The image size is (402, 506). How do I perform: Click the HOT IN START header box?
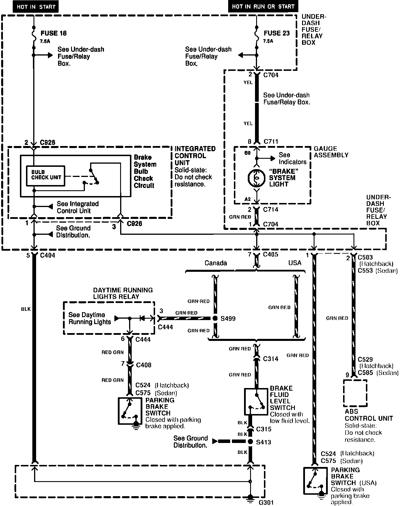point(36,7)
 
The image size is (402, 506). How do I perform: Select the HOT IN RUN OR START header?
point(263,6)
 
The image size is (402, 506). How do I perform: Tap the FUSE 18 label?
point(53,33)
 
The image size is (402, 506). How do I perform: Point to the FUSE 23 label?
point(276,33)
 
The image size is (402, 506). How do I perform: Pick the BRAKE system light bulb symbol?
point(256,178)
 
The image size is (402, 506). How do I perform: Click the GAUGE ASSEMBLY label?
point(331,152)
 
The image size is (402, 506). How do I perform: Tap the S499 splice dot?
point(215,318)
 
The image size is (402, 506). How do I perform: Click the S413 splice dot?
point(250,442)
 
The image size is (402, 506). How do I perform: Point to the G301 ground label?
point(266,502)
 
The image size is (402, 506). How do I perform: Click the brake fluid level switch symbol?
point(256,401)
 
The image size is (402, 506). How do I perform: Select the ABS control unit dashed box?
point(355,393)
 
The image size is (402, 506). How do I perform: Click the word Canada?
point(216,263)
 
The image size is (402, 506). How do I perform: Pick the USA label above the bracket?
point(295,263)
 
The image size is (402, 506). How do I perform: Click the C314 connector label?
point(271,359)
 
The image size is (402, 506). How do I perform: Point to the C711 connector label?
point(271,141)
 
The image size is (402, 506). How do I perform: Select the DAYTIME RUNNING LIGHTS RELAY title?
point(123,293)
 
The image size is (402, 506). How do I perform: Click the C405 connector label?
point(271,254)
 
